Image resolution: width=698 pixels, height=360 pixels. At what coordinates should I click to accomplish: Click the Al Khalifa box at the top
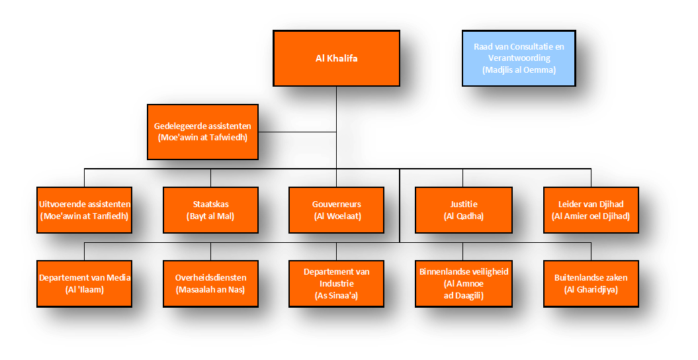pos(336,58)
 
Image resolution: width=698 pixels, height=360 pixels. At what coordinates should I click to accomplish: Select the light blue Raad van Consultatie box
pos(519,58)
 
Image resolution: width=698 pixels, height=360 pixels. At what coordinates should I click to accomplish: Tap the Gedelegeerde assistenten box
pos(202,132)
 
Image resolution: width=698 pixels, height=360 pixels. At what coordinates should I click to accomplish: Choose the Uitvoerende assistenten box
pos(84,210)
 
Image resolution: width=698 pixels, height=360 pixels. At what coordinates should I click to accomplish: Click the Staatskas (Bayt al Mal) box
pos(210,210)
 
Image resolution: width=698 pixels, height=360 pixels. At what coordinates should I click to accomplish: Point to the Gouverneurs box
pos(336,210)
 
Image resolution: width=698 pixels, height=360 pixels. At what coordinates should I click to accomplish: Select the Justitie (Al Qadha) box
pos(463,210)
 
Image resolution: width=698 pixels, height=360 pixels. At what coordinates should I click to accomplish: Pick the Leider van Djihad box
pos(591,210)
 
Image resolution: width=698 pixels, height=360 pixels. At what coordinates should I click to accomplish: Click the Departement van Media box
pos(84,283)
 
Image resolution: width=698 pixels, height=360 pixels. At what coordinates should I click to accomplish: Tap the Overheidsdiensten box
pos(210,283)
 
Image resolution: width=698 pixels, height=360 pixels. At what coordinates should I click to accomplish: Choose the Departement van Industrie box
pos(336,283)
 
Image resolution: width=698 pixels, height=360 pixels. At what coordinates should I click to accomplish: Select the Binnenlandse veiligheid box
pos(463,283)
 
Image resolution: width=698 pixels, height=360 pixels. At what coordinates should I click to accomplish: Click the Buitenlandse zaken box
pos(591,283)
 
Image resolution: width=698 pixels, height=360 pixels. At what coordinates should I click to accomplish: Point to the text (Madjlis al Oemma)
pos(519,69)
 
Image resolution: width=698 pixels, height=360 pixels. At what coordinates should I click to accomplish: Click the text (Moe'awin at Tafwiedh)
pos(202,138)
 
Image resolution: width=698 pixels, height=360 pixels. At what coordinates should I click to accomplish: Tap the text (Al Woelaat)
pos(336,216)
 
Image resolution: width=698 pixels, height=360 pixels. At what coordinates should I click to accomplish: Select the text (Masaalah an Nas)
pos(210,290)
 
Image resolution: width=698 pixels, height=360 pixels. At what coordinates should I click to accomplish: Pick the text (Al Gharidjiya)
pos(591,290)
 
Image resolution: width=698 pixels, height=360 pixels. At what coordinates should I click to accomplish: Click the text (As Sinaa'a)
pos(336,296)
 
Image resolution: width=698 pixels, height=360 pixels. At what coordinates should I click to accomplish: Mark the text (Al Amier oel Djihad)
pos(591,216)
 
